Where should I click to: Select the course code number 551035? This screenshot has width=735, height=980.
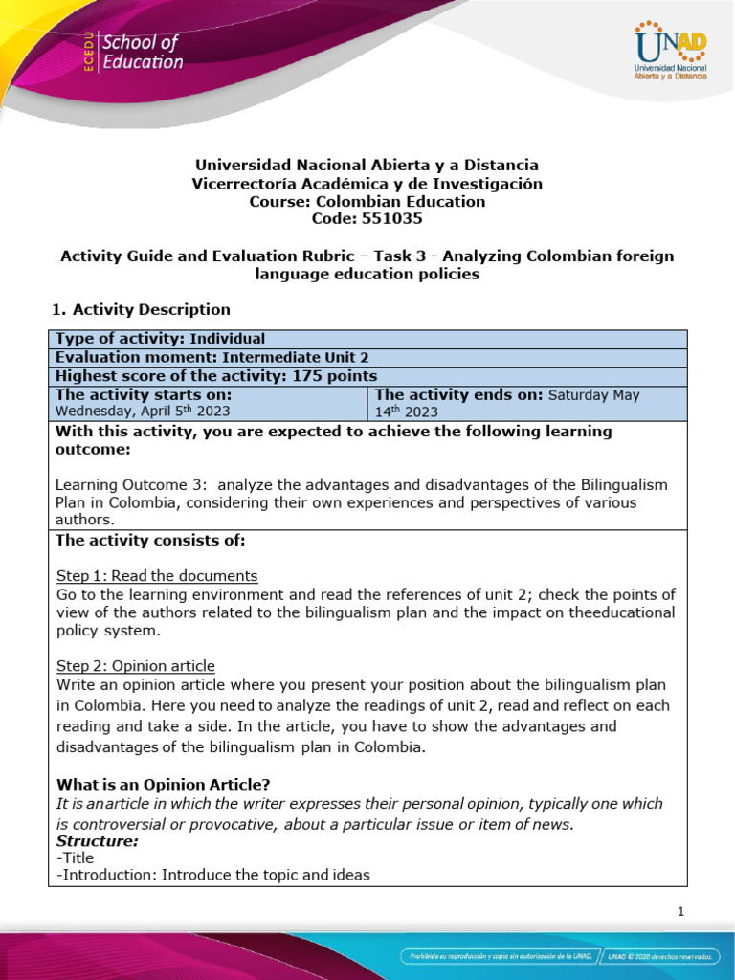tap(388, 219)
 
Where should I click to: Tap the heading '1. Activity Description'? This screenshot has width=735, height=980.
tap(140, 309)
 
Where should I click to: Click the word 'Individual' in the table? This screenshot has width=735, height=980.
tap(228, 339)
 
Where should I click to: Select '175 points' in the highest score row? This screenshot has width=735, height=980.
tap(332, 376)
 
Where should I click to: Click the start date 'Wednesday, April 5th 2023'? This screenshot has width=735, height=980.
tap(143, 412)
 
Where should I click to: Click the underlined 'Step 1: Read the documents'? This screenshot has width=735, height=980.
tap(157, 575)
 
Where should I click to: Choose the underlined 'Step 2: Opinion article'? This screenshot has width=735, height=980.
tap(136, 665)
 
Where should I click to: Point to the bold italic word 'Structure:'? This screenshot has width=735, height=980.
tap(98, 841)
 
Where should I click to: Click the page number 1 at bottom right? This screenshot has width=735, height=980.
tap(680, 912)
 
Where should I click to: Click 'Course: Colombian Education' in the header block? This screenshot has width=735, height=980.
tap(367, 202)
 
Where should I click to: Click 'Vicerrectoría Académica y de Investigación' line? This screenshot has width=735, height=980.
tap(367, 184)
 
